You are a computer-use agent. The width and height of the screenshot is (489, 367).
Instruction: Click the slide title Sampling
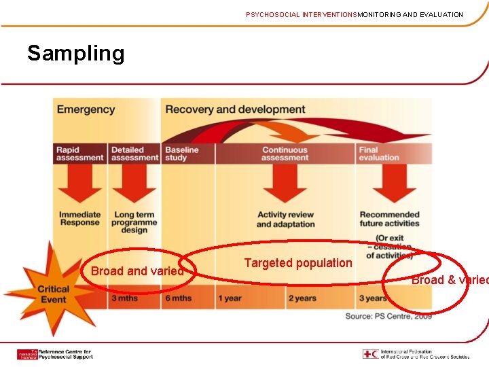[x=75, y=54]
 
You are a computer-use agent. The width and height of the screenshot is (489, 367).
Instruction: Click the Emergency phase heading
[x=86, y=109]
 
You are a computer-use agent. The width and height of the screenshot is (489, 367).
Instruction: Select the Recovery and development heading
[x=235, y=109]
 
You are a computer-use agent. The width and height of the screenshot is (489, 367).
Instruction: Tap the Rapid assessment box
[x=79, y=154]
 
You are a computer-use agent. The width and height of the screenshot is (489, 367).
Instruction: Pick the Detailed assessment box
[x=134, y=154]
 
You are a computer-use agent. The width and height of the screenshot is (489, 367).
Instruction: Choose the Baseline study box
[x=182, y=154]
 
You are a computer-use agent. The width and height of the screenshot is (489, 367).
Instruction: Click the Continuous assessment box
[x=285, y=154]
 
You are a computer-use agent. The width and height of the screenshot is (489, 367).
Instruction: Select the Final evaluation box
[x=380, y=154]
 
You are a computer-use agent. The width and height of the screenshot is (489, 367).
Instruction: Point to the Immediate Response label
[x=79, y=219]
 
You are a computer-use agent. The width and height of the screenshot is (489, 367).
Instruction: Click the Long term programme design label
[x=134, y=222]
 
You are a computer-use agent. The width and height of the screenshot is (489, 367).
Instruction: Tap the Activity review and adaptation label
[x=285, y=220]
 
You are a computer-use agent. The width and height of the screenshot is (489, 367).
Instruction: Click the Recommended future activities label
[x=390, y=219]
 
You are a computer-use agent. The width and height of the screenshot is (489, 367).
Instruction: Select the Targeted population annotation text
[x=298, y=263]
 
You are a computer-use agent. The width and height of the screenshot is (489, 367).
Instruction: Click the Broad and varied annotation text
[x=137, y=271]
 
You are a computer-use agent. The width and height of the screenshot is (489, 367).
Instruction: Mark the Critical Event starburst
[x=54, y=294]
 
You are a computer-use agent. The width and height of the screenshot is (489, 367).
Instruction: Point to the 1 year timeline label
[x=230, y=298]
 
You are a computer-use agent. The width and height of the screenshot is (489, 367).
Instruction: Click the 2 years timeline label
[x=302, y=298]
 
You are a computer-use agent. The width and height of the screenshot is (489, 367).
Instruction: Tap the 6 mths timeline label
[x=178, y=298]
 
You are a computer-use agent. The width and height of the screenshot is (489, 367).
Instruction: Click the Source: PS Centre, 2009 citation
[x=388, y=316]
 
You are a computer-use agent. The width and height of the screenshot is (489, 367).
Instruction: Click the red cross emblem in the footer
[x=371, y=354]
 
